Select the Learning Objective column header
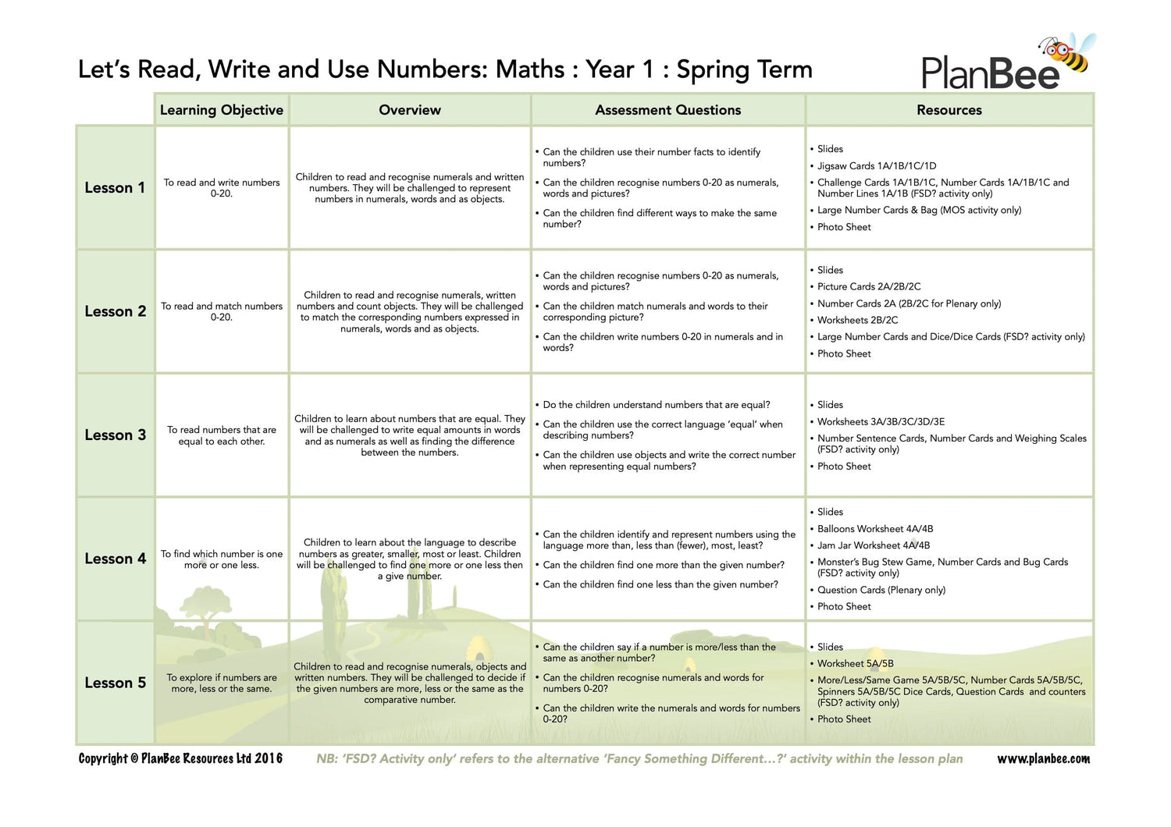pyautogui.click(x=222, y=110)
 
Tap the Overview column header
pyautogui.click(x=410, y=110)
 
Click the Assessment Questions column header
pyautogui.click(x=668, y=110)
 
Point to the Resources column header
pyautogui.click(x=949, y=110)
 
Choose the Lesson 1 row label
pyautogui.click(x=115, y=188)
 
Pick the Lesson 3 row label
pyautogui.click(x=115, y=435)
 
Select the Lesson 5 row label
pyautogui.click(x=115, y=683)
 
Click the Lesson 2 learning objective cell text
pyautogui.click(x=222, y=311)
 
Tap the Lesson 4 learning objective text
pyautogui.click(x=222, y=559)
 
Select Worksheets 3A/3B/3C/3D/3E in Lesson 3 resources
pyautogui.click(x=881, y=421)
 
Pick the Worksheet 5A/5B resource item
pyautogui.click(x=855, y=663)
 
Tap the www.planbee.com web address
pyautogui.click(x=1043, y=758)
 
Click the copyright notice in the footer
pyautogui.click(x=180, y=758)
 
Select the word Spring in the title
pyautogui.click(x=712, y=70)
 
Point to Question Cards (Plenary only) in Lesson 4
pyautogui.click(x=881, y=590)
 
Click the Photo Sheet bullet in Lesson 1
pyautogui.click(x=844, y=227)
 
